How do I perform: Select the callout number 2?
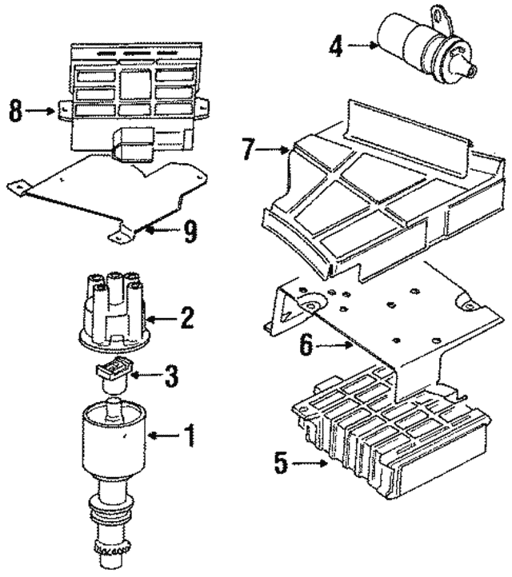(x=186, y=320)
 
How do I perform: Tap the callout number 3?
(x=170, y=376)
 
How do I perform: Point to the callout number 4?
(x=337, y=46)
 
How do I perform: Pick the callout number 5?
(x=278, y=463)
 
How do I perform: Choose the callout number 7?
(x=249, y=149)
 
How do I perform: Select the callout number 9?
(x=189, y=232)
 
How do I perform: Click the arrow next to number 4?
(x=364, y=46)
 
